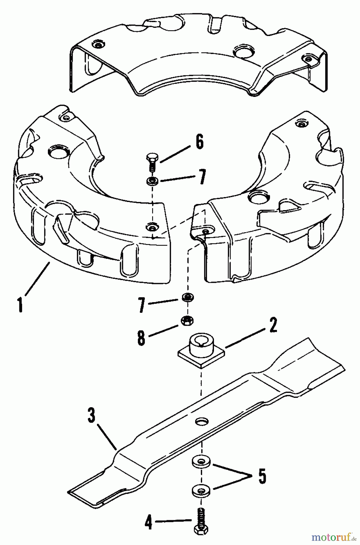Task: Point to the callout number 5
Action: pyautogui.click(x=262, y=476)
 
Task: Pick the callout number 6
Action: pyautogui.click(x=199, y=142)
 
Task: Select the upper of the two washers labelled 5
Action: pyautogui.click(x=201, y=462)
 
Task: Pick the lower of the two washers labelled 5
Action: pyautogui.click(x=201, y=491)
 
